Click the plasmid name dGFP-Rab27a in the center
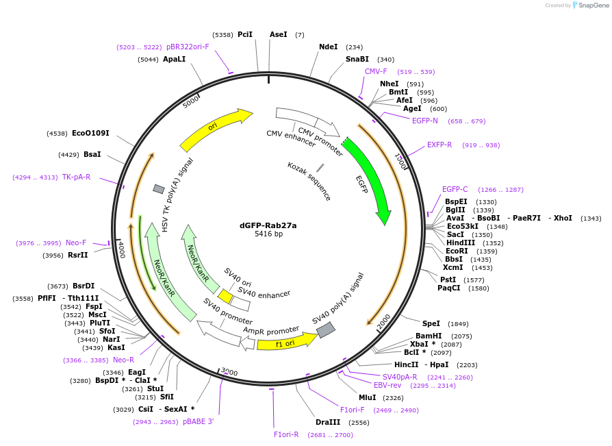click(268, 225)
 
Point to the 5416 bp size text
click(268, 234)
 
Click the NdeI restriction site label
click(329, 47)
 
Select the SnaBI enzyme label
click(357, 60)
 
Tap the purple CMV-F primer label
click(376, 72)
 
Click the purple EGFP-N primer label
click(424, 121)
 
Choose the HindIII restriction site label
click(460, 243)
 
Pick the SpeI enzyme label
click(431, 323)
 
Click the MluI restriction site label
click(367, 397)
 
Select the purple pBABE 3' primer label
click(199, 422)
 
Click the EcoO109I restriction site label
click(90, 134)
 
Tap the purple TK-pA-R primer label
click(76, 177)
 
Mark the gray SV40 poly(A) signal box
click(325, 330)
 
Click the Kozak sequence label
click(309, 181)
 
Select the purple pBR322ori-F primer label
click(188, 47)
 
